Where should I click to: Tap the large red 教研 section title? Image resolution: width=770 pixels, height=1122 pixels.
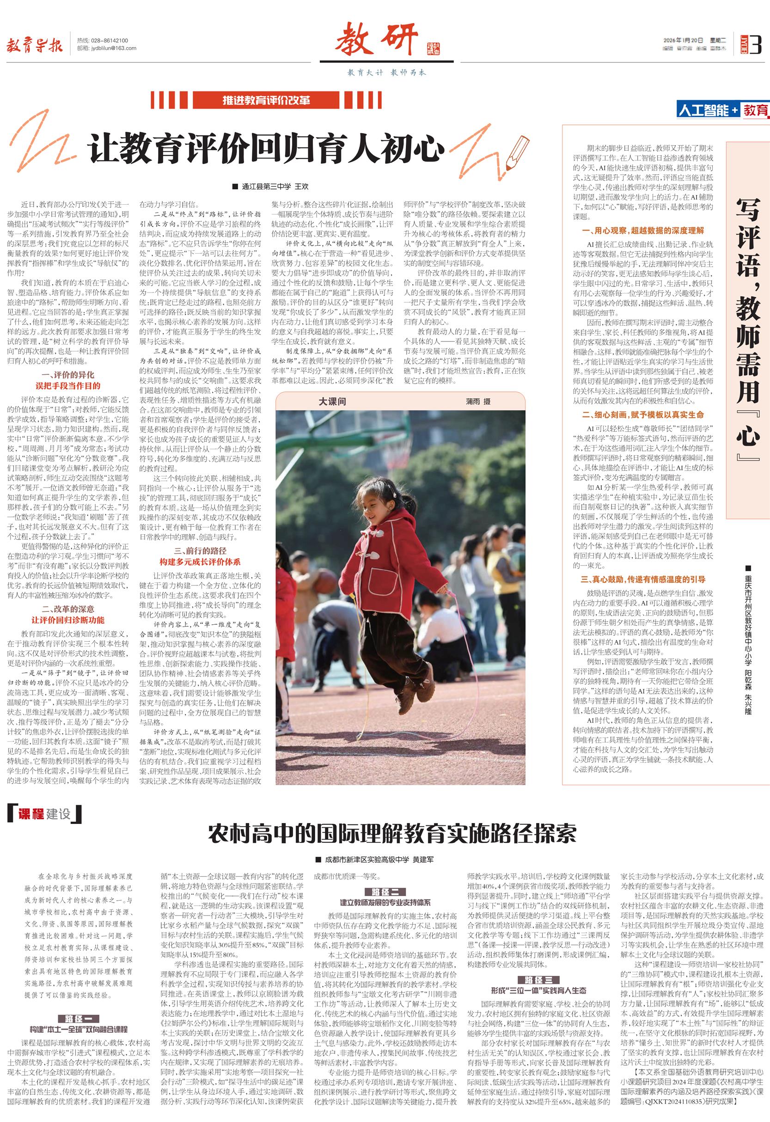pyautogui.click(x=377, y=42)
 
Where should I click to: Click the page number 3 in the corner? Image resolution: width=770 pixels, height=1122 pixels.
pyautogui.click(x=756, y=44)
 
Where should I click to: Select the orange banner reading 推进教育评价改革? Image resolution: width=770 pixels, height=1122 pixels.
pyautogui.click(x=266, y=100)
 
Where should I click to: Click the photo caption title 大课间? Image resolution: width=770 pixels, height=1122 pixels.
pyautogui.click(x=332, y=401)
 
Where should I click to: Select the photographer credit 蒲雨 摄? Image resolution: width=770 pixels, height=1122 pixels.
pyautogui.click(x=478, y=401)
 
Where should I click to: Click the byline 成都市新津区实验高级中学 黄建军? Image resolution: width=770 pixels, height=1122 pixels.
pyautogui.click(x=379, y=860)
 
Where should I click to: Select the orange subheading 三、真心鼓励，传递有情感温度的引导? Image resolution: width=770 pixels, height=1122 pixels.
pyautogui.click(x=642, y=579)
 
